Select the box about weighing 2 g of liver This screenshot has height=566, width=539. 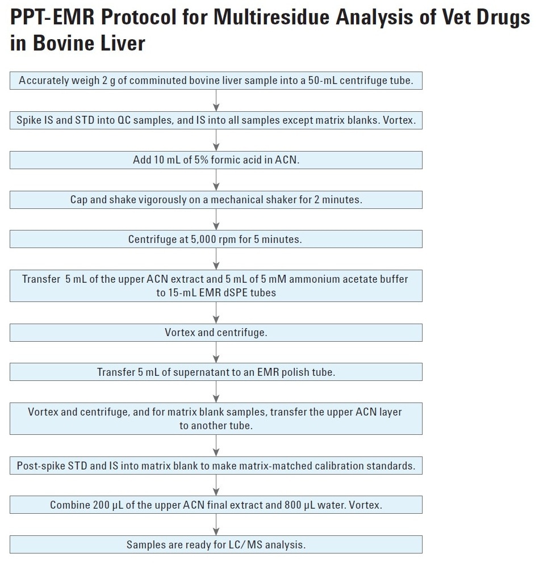[x=216, y=81]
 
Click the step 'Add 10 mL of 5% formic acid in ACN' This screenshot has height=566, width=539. [x=216, y=160]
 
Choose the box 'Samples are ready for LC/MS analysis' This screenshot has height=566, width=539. [x=216, y=544]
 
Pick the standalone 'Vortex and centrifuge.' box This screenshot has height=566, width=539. [x=216, y=333]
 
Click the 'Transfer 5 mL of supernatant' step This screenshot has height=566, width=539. [x=216, y=372]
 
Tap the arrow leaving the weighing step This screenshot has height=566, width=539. [x=216, y=100]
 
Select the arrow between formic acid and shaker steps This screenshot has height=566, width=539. [x=216, y=180]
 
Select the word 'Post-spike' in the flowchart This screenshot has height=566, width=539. [x=40, y=466]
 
